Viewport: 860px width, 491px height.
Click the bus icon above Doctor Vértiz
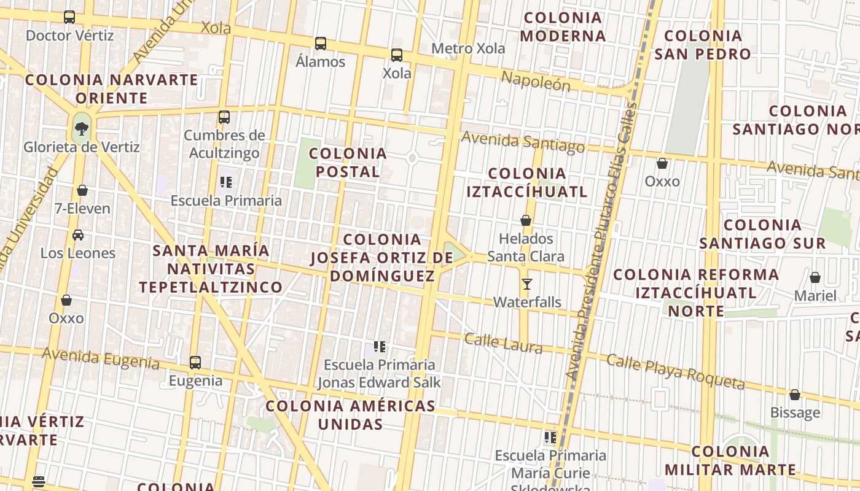69,17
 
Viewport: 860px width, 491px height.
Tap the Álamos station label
320,62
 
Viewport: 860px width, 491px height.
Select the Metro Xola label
468,48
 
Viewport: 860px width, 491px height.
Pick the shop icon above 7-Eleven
82,190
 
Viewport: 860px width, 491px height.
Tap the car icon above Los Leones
78,235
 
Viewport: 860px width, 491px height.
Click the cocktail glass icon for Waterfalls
527,284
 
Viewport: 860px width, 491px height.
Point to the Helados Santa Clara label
525,247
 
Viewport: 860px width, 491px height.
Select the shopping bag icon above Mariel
815,278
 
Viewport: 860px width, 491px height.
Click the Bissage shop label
795,412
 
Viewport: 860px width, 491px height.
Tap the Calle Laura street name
503,344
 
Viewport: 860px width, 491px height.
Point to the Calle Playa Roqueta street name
675,371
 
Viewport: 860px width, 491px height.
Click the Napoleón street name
536,80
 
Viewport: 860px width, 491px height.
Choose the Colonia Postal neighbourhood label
348,163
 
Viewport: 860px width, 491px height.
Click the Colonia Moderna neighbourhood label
563,26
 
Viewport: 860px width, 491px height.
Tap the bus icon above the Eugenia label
195,363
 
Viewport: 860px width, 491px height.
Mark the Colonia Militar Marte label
730,461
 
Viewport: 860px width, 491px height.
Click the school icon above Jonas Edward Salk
380,347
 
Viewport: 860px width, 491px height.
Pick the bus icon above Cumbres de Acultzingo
224,117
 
